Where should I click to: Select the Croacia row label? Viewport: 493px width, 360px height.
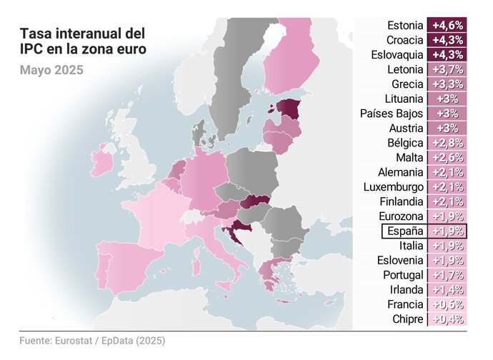click(404, 40)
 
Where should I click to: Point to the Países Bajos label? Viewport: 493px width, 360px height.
click(392, 114)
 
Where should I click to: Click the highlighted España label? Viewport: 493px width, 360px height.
click(405, 231)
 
